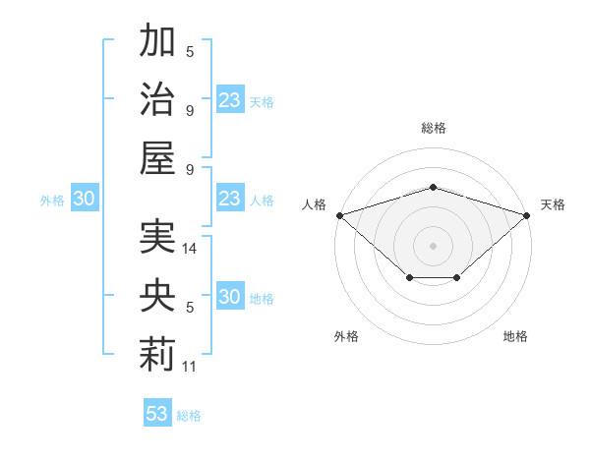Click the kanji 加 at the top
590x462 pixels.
click(x=157, y=39)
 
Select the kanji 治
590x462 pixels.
click(x=157, y=98)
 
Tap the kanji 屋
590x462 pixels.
click(x=157, y=157)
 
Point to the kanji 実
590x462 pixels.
click(x=157, y=236)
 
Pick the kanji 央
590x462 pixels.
click(x=157, y=295)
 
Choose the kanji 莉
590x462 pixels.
click(x=157, y=355)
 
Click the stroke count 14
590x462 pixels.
click(x=189, y=249)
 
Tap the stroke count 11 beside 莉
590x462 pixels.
click(x=189, y=367)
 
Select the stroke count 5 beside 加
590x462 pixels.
click(x=190, y=52)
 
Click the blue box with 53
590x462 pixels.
click(x=157, y=412)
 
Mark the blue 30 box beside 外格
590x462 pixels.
click(x=85, y=198)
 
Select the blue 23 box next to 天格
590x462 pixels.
click(x=231, y=99)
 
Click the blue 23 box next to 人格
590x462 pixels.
click(x=231, y=198)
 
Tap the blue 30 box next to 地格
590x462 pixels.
click(x=231, y=295)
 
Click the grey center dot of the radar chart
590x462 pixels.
click(x=433, y=246)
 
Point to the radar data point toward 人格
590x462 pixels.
click(x=340, y=215)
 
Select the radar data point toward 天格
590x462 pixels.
click(x=527, y=215)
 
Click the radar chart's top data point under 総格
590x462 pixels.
click(x=433, y=187)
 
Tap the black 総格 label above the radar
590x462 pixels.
click(x=434, y=128)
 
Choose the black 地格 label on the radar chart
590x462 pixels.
click(x=515, y=336)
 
